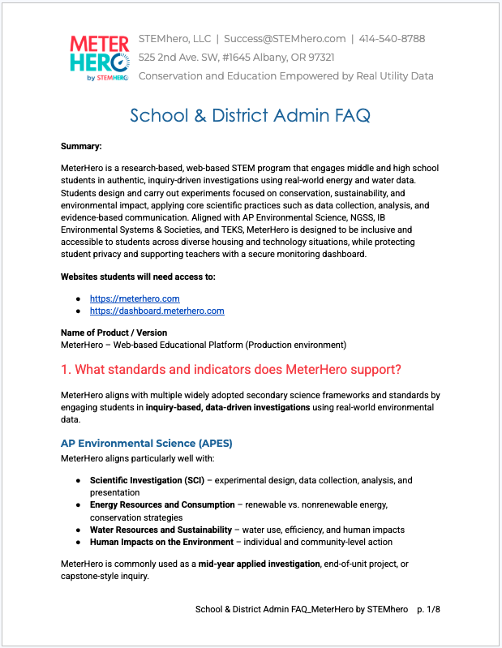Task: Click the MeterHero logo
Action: click(x=98, y=57)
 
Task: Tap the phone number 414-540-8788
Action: click(x=392, y=39)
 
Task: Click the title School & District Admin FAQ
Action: click(x=250, y=115)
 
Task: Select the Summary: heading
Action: click(x=81, y=147)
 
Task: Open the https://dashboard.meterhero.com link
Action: click(x=157, y=311)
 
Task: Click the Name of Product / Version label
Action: click(x=114, y=333)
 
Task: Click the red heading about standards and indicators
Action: click(x=230, y=370)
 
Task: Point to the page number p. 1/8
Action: click(x=429, y=608)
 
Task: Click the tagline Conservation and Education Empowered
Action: click(x=285, y=76)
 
